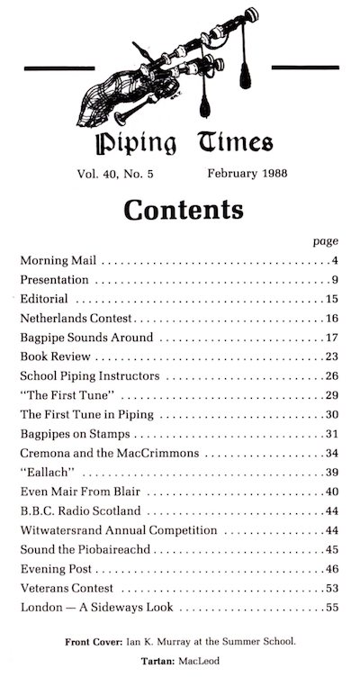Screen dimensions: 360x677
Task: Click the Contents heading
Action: point(183,210)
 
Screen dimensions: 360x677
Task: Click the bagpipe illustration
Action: point(171,68)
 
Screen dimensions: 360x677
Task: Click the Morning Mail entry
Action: point(59,261)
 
